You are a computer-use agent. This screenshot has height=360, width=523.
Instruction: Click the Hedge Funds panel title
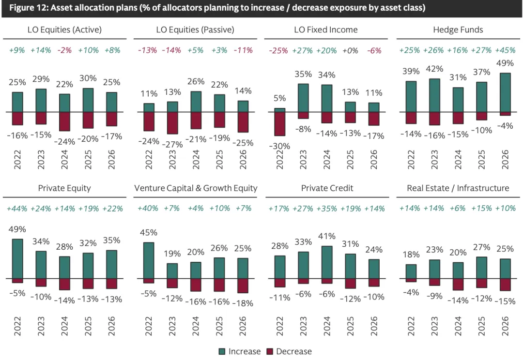458,30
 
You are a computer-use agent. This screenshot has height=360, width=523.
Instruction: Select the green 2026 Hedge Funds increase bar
505,92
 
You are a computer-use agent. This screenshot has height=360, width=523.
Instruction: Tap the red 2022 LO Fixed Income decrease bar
279,124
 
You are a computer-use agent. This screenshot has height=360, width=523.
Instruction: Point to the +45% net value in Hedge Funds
505,50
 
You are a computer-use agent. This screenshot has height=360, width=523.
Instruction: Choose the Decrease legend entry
289,351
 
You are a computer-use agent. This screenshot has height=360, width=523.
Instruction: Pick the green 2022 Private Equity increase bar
17,258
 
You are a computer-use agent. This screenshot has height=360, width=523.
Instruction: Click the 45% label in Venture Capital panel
149,233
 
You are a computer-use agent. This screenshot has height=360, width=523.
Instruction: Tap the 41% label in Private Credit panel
327,237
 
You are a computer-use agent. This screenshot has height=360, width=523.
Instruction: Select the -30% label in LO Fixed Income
280,146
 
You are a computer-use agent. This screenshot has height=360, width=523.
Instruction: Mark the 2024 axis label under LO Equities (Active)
65,159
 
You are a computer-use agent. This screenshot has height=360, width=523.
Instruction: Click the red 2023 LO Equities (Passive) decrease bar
172,123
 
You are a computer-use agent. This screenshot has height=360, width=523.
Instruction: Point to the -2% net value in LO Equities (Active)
64,50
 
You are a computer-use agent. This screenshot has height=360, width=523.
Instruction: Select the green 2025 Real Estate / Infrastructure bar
481,268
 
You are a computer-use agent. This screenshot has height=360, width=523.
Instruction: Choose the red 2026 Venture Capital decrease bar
243,285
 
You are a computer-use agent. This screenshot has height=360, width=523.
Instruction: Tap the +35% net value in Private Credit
327,209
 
